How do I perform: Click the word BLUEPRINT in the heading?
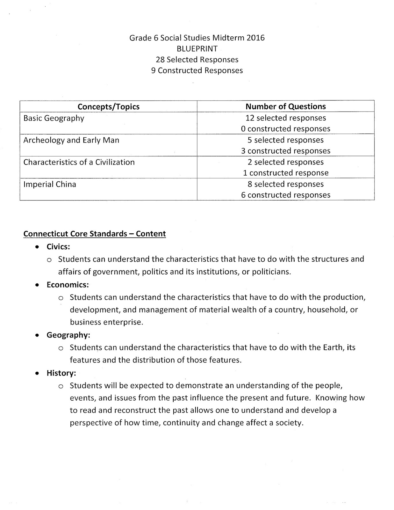coord(197,49)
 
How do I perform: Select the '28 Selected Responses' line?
coord(197,60)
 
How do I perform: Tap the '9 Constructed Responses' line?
coord(197,70)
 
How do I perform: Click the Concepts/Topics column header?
coord(108,106)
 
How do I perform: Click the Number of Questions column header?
coord(285,106)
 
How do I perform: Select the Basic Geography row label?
coord(54,118)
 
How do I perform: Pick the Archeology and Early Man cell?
coord(71,140)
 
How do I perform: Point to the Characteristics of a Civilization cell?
coord(79,162)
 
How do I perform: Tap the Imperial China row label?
coord(50,184)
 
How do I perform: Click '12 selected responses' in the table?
coord(285,118)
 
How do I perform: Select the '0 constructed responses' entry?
coord(285,129)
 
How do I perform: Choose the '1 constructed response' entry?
coord(285,173)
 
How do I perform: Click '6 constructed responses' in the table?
coord(285,195)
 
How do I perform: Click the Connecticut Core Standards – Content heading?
coord(95,234)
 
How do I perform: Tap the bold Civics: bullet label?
coord(58,247)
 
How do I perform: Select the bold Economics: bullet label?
coord(68,285)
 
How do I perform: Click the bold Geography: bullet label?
coord(68,335)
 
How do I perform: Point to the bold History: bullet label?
coord(61,373)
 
